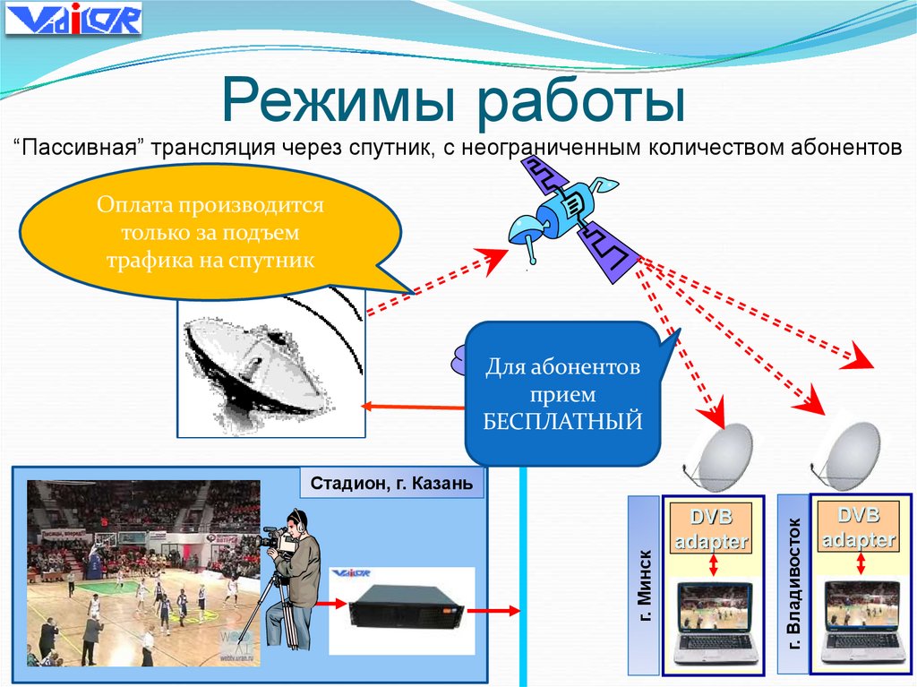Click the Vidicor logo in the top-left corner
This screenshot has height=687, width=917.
(x=73, y=19)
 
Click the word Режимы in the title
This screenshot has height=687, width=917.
(x=341, y=102)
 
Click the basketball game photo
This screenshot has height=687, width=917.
(x=144, y=573)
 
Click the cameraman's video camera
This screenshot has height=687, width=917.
(x=279, y=537)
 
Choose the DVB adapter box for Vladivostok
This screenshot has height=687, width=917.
(x=860, y=528)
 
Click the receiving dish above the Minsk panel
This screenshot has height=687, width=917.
(x=720, y=456)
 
